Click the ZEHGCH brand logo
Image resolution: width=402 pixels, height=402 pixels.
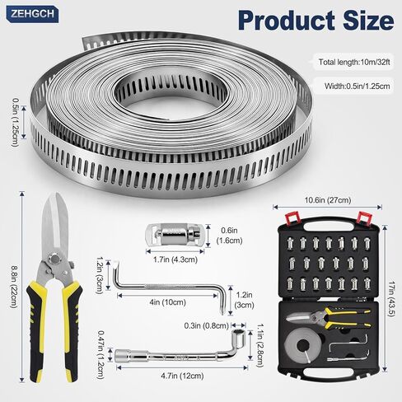[33, 14]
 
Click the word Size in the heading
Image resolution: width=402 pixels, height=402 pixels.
[368, 20]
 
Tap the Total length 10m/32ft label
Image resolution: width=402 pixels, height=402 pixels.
[354, 62]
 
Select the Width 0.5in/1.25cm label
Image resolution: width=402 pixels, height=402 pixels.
[357, 86]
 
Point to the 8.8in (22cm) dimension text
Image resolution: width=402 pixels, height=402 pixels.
[14, 287]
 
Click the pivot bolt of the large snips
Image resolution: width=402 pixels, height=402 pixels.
[55, 259]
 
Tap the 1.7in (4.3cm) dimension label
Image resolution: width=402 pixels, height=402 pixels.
[175, 259]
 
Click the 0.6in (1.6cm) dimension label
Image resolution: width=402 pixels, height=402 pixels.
[229, 236]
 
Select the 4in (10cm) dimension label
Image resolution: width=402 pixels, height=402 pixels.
[167, 302]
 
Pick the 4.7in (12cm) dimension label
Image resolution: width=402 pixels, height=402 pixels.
[182, 376]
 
